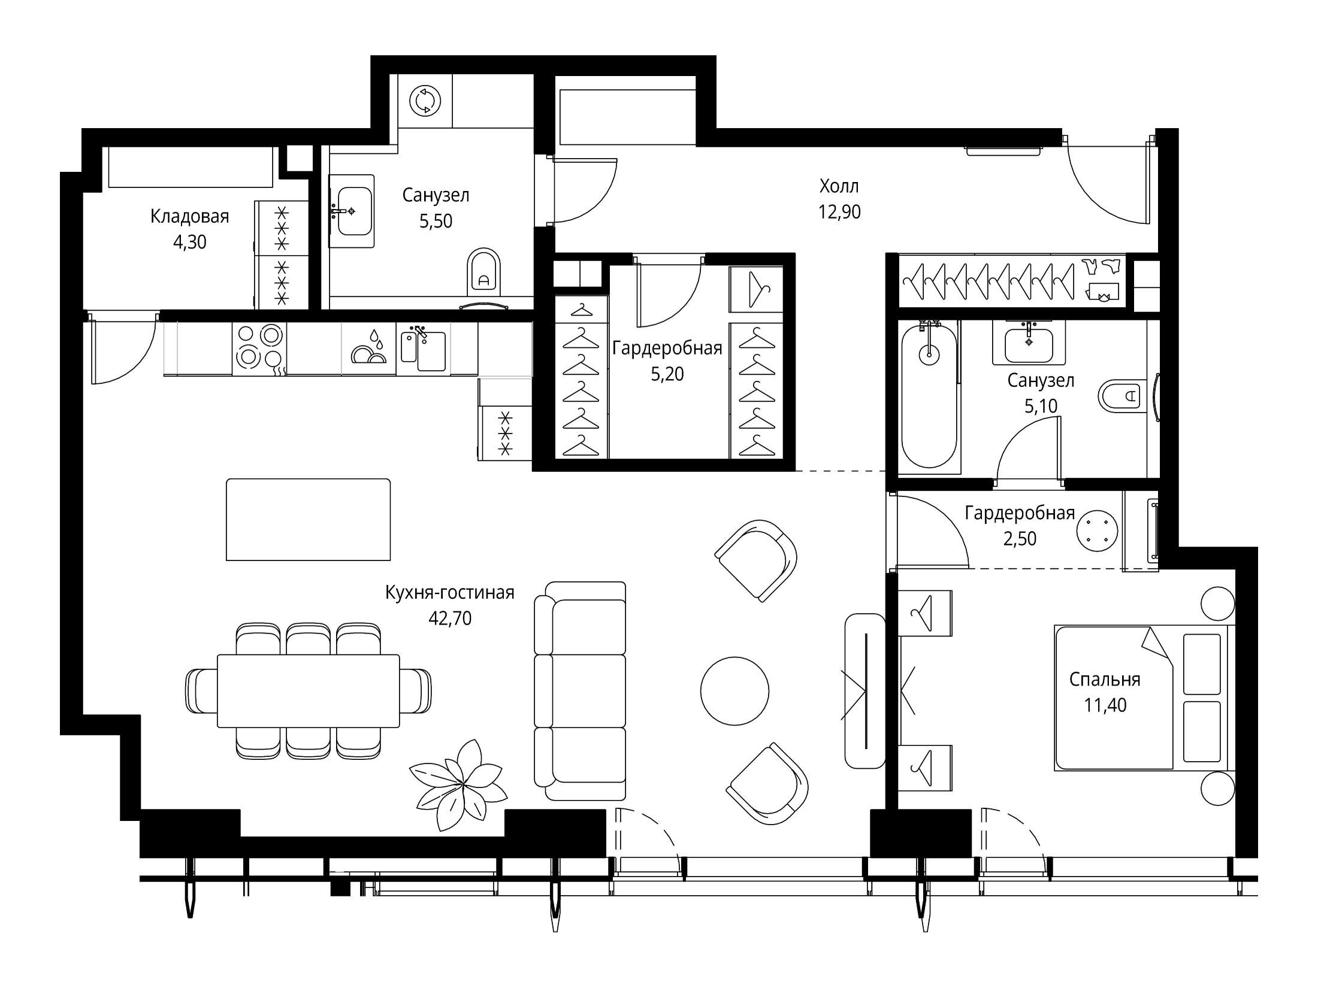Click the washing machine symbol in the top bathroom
[x=425, y=100]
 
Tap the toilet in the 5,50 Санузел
[x=483, y=272]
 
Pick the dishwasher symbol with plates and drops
[x=368, y=349]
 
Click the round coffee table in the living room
[x=734, y=691]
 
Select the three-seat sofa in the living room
[x=579, y=691]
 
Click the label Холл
[x=839, y=186]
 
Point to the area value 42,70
[x=450, y=619]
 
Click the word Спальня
[x=1105, y=679]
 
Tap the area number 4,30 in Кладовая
[x=189, y=242]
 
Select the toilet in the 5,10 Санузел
[x=1120, y=395]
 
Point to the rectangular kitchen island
[x=308, y=520]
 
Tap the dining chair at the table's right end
[x=416, y=690]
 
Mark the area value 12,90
[x=839, y=212]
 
